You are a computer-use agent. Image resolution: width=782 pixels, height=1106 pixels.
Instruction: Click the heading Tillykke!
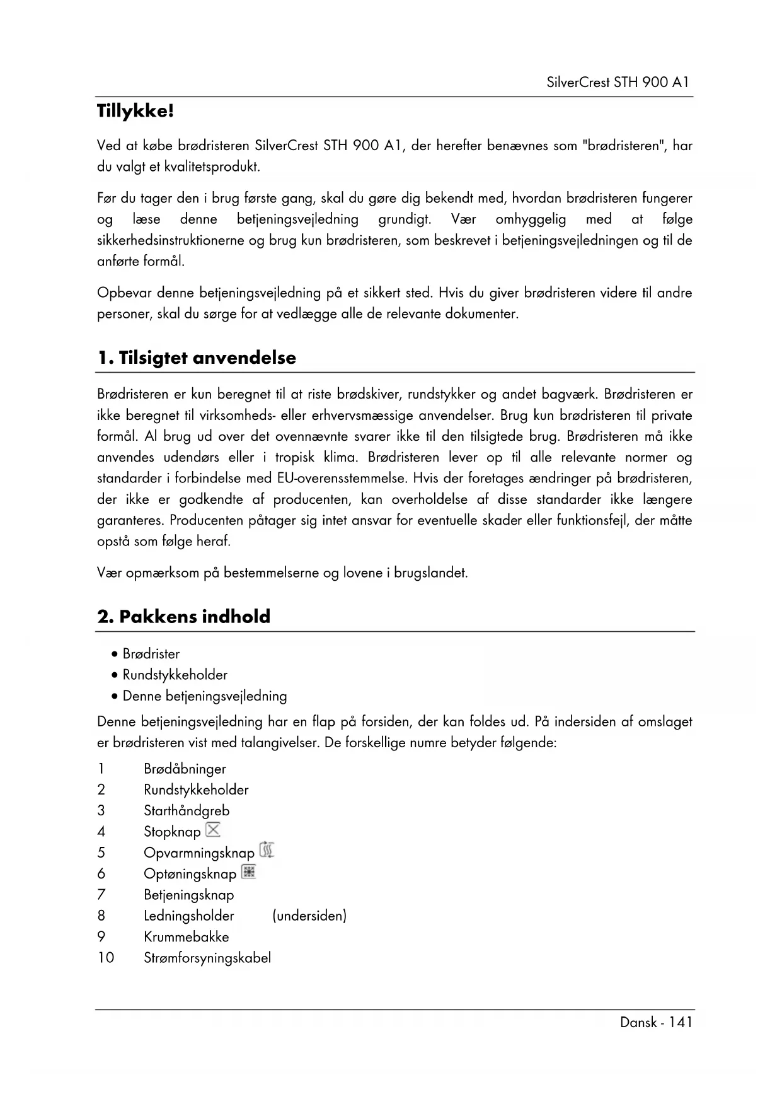(135, 112)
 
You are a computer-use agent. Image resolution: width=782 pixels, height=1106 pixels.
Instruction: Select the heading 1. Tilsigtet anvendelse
(197, 358)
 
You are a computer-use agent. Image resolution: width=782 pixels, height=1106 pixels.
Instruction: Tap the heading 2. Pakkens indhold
(183, 616)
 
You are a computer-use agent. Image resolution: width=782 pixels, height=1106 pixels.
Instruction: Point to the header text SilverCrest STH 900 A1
(618, 82)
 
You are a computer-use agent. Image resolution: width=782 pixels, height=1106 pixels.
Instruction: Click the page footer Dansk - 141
(656, 1022)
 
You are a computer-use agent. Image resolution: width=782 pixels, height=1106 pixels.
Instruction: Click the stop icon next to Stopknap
(214, 830)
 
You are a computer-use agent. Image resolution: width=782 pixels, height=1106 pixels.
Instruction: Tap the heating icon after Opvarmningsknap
(267, 851)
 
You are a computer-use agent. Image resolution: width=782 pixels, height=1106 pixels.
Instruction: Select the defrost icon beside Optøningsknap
(249, 872)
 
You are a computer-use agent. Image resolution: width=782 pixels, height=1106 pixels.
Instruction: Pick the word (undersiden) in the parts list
(309, 916)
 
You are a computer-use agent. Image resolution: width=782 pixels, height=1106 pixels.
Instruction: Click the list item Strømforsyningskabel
(207, 958)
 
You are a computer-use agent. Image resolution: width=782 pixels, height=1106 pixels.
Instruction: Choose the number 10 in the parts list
(106, 958)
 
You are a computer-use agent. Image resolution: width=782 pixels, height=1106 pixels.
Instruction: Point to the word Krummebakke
(186, 937)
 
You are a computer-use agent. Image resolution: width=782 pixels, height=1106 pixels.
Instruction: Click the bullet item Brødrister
(151, 654)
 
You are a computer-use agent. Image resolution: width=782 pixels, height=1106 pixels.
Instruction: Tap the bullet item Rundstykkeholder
(175, 675)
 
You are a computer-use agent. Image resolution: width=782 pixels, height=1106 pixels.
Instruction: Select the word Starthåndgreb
(187, 811)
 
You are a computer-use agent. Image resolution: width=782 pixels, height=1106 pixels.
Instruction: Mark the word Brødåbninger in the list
(185, 769)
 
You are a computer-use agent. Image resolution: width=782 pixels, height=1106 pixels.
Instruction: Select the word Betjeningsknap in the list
(188, 895)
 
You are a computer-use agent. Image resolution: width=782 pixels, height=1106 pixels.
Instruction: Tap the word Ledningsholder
(188, 916)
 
